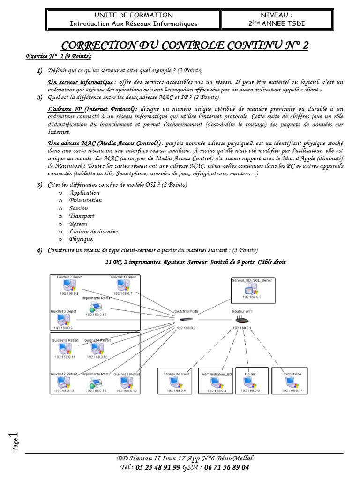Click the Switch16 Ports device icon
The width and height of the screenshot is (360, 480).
(187, 319)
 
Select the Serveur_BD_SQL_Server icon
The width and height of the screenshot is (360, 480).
(251, 289)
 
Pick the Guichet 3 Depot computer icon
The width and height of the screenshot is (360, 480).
(60, 319)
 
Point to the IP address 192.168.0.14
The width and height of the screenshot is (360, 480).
(292, 390)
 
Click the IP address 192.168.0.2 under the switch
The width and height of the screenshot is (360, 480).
(186, 328)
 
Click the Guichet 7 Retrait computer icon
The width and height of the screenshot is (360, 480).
(63, 382)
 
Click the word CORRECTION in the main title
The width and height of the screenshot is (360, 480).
(100, 45)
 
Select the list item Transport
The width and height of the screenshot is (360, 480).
(82, 216)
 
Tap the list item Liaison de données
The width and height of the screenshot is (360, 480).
(93, 232)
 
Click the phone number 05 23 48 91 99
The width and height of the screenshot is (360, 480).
(157, 467)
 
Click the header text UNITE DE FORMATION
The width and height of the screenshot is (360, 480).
(134, 15)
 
